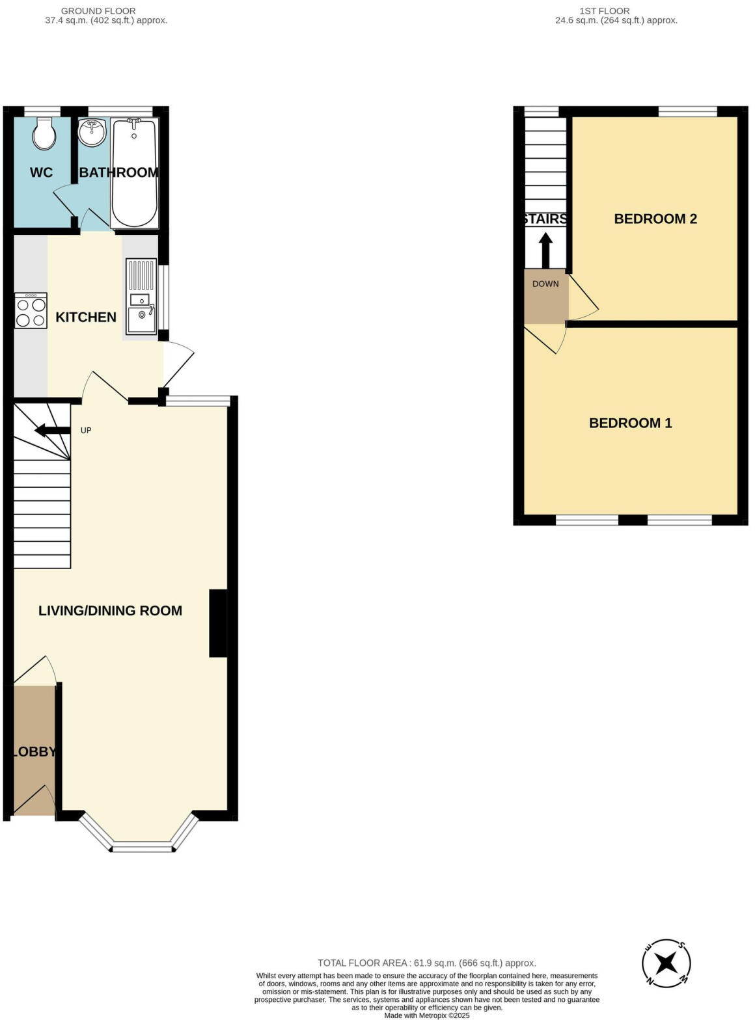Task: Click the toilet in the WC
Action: [x=44, y=133]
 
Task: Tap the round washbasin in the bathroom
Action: [x=92, y=133]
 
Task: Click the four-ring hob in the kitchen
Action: [x=31, y=311]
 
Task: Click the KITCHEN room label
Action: [x=86, y=317]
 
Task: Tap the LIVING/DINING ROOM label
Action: [x=110, y=611]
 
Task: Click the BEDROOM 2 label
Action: [x=655, y=219]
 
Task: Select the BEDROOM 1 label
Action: [x=630, y=423]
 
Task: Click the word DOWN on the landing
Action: [x=545, y=284]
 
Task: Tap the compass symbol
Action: [x=666, y=963]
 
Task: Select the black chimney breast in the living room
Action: [x=218, y=623]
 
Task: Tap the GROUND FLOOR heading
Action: [x=98, y=11]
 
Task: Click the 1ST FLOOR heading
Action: [x=604, y=11]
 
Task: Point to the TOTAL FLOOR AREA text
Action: [x=426, y=963]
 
